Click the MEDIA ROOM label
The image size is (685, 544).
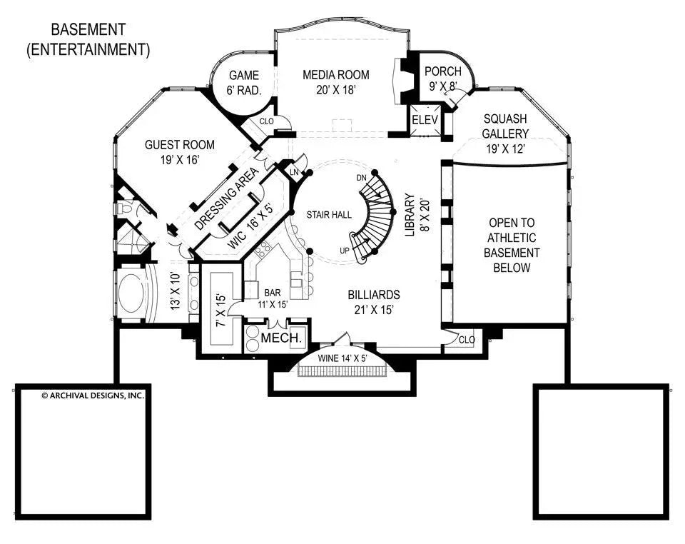click(335, 74)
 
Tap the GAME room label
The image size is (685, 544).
click(243, 76)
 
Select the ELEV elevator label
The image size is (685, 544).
click(425, 121)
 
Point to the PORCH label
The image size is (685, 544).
click(442, 71)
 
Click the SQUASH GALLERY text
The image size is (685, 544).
click(505, 126)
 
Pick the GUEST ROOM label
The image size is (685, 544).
click(171, 144)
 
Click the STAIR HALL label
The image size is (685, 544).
click(328, 214)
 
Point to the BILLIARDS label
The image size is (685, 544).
click(373, 294)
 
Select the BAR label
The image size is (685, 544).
click(273, 293)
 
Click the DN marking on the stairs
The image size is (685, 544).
click(362, 177)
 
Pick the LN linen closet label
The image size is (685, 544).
click(293, 171)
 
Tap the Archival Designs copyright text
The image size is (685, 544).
click(83, 395)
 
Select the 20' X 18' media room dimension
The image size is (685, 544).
click(335, 89)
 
